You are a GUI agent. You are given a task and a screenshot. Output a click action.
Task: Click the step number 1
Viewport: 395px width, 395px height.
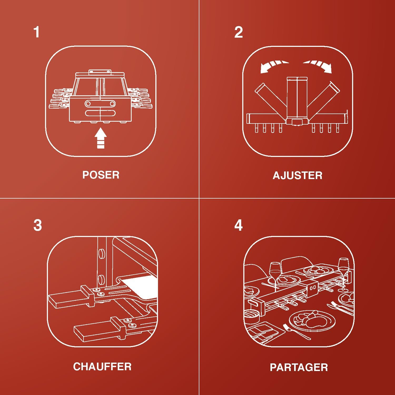pyautogui.click(x=37, y=32)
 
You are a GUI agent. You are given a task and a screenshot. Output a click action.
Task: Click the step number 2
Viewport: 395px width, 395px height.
pyautogui.click(x=239, y=32)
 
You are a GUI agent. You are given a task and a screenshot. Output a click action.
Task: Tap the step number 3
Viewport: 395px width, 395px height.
pyautogui.click(x=38, y=225)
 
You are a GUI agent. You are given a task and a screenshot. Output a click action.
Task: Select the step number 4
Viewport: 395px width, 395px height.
pyautogui.click(x=239, y=225)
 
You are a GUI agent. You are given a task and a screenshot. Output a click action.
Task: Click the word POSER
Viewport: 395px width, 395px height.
pyautogui.click(x=101, y=175)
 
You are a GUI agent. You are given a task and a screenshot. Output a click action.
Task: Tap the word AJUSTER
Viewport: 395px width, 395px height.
pyautogui.click(x=298, y=175)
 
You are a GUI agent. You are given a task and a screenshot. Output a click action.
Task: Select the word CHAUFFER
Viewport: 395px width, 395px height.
pyautogui.click(x=102, y=367)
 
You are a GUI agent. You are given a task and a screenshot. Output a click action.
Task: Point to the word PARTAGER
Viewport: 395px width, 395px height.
pyautogui.click(x=299, y=367)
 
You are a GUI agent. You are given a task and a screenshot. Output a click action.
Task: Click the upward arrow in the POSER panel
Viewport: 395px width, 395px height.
pyautogui.click(x=101, y=138)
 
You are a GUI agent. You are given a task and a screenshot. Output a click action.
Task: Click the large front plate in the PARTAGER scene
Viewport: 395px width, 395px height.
pyautogui.click(x=312, y=320)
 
